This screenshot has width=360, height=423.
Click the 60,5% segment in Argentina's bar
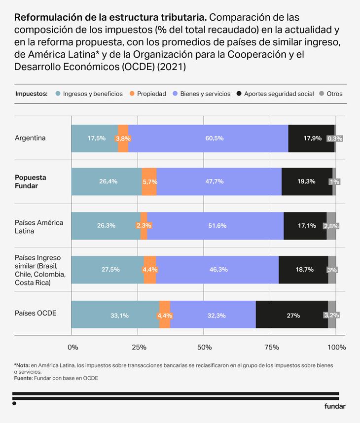click(208, 139)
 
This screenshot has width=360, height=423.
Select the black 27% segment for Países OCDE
click(292, 315)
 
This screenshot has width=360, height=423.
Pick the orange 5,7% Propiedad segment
click(149, 181)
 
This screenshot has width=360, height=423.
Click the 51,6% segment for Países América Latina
click(216, 226)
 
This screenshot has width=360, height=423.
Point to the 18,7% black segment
click(303, 270)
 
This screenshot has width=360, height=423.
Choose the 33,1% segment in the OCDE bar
click(115, 315)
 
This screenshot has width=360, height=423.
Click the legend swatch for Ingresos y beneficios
click(59, 93)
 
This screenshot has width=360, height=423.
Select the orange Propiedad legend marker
click(132, 93)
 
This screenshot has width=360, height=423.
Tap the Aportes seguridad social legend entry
click(279, 93)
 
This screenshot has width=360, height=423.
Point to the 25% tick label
click(139, 348)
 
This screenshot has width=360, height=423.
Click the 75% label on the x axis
click(271, 348)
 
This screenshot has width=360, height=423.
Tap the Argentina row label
click(30, 138)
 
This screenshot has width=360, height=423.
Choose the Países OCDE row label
click(36, 314)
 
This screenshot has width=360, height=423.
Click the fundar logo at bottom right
click(335, 407)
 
